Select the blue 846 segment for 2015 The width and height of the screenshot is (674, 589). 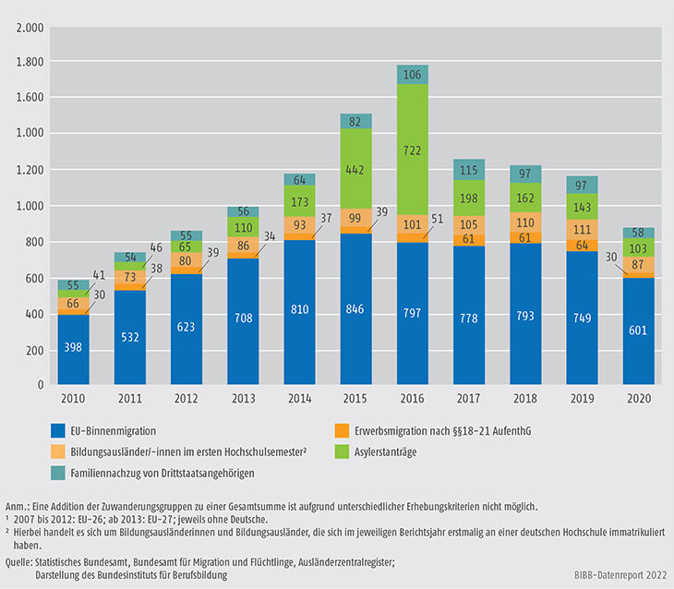click(x=356, y=309)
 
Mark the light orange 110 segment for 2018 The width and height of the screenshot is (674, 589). click(x=526, y=222)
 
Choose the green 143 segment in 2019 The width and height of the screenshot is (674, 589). click(x=583, y=206)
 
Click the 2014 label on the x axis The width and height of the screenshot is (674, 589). click(x=299, y=400)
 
